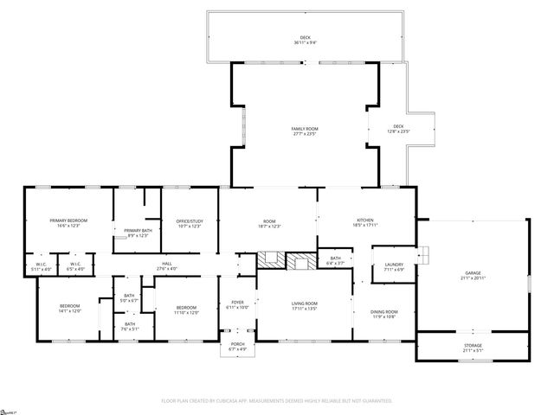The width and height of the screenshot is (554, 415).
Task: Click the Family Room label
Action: click(305, 131)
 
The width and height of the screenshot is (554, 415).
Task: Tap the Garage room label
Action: click(473, 275)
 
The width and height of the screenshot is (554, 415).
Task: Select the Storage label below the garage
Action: click(473, 348)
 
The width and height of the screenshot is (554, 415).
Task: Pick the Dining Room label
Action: click(383, 313)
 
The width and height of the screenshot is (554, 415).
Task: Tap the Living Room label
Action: click(304, 305)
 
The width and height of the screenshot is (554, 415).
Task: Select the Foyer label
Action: click(236, 304)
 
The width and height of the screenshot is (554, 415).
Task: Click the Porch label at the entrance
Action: click(236, 346)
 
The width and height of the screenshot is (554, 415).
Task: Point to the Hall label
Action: click(166, 265)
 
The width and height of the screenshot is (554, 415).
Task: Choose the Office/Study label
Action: click(188, 223)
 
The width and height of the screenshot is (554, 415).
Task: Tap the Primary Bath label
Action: click(138, 232)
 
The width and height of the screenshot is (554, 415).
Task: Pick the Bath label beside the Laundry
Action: click(335, 259)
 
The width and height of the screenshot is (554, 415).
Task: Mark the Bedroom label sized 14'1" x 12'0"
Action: click(70, 309)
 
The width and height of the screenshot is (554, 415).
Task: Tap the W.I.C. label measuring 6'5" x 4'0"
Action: click(75, 266)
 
